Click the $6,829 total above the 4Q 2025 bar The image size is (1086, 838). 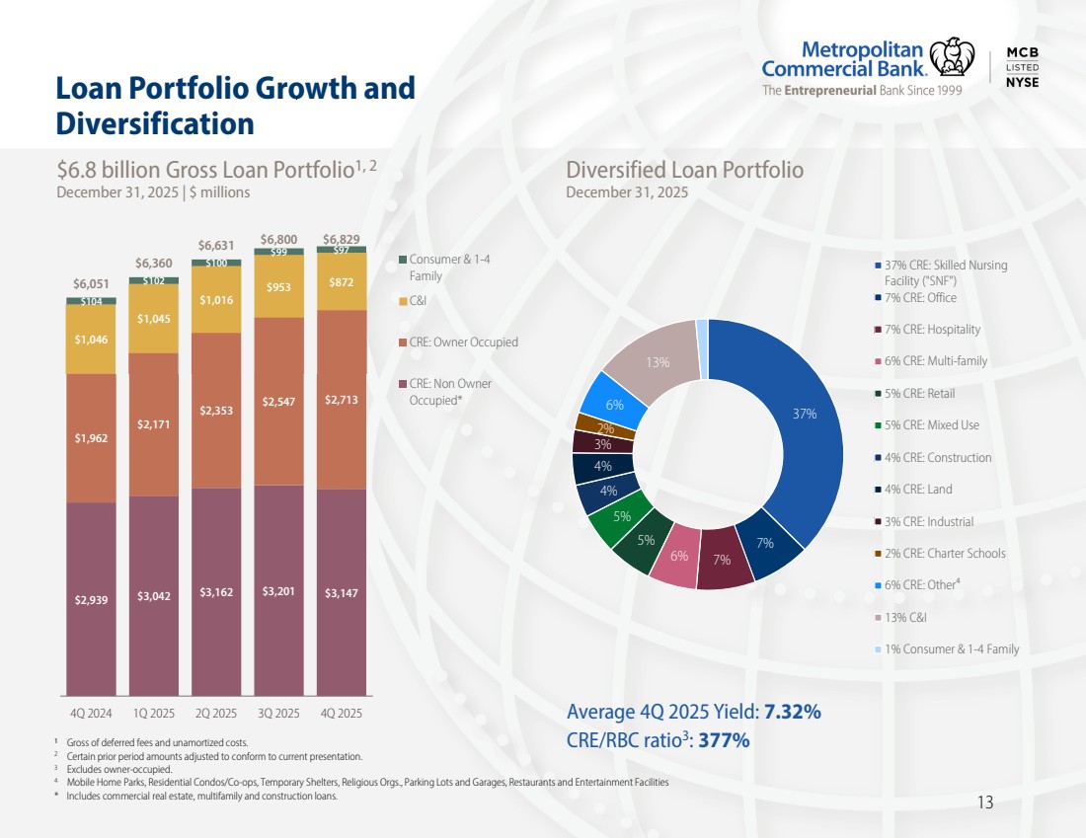[x=341, y=239]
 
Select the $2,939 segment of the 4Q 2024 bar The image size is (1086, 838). [x=91, y=598]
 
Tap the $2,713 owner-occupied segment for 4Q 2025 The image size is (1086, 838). [x=341, y=400]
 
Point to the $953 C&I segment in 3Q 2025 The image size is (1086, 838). [x=278, y=287]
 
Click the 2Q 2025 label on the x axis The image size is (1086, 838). [x=216, y=713]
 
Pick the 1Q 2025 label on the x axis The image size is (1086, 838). [x=153, y=713]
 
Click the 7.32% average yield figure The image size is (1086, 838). [x=793, y=713]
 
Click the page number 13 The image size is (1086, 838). [x=984, y=802]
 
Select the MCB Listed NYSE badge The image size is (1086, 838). [x=1021, y=67]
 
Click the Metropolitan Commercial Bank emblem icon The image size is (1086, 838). [x=953, y=56]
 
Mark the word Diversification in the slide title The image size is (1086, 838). [x=155, y=123]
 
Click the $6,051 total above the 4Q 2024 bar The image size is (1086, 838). [x=91, y=285]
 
